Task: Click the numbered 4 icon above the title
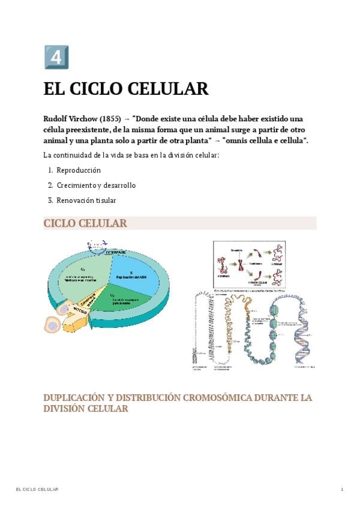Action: pyautogui.click(x=56, y=57)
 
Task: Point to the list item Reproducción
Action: pyautogui.click(x=79, y=170)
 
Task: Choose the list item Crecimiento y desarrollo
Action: pyautogui.click(x=96, y=185)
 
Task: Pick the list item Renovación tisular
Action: pyautogui.click(x=86, y=200)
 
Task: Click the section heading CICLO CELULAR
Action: pyautogui.click(x=85, y=223)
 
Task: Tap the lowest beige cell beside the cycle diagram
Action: pyautogui.click(x=53, y=325)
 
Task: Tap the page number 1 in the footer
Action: pyautogui.click(x=342, y=490)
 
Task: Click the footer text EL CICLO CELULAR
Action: pyautogui.click(x=37, y=490)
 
